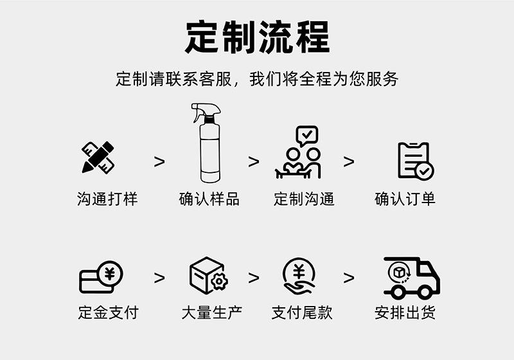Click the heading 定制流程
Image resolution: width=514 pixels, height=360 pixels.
257,37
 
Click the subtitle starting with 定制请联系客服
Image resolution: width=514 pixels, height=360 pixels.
257,79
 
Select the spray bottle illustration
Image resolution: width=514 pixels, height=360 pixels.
208,145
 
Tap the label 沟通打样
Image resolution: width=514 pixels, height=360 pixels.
107,199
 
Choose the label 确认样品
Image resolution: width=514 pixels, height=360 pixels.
209,199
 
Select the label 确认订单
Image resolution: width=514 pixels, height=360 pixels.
405,199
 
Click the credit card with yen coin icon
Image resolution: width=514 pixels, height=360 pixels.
100,277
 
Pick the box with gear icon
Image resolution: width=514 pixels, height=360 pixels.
208,274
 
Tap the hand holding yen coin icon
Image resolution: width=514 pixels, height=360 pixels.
299,276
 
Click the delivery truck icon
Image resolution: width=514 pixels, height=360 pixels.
411,277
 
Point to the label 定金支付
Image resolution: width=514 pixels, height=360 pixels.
107,313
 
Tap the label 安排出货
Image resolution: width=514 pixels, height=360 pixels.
405,313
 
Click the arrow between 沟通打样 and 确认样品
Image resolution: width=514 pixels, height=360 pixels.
159,161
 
